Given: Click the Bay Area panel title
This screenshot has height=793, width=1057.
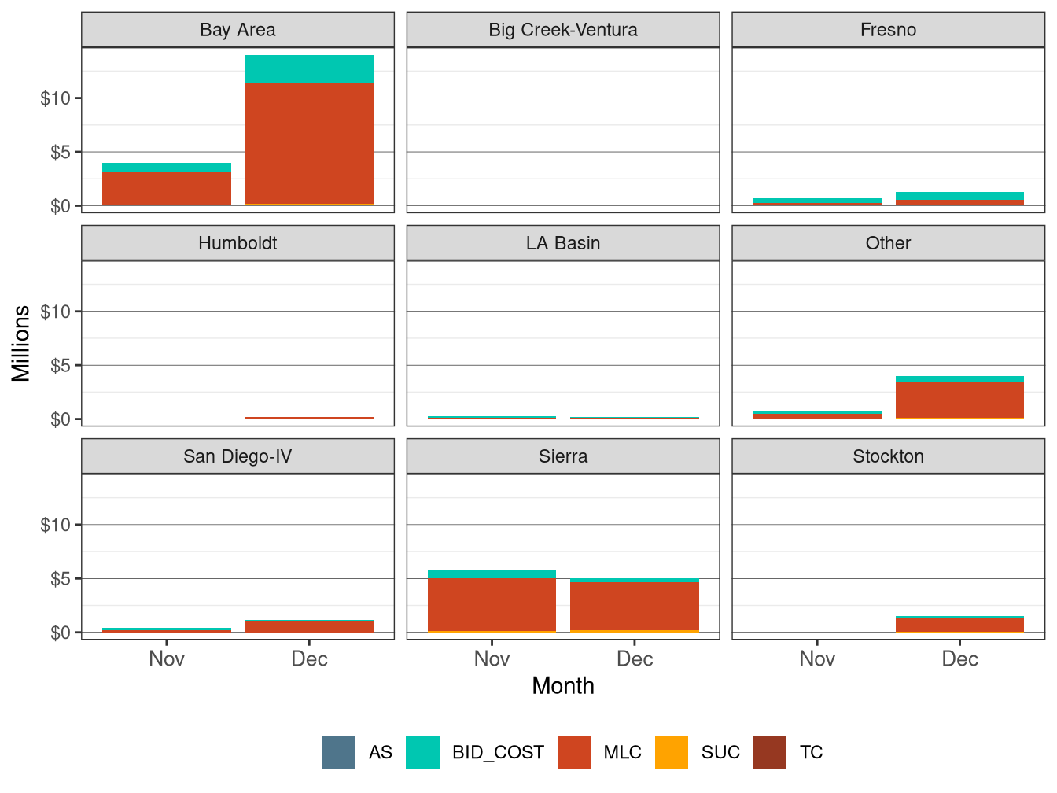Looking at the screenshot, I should coord(238,30).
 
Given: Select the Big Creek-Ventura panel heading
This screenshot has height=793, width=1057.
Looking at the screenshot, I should coord(562,30).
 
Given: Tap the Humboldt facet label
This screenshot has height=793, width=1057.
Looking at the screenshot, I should coord(238,243).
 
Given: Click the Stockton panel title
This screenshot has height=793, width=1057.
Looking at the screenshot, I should coord(888,456).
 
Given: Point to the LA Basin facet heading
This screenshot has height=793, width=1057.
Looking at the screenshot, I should coord(562,243).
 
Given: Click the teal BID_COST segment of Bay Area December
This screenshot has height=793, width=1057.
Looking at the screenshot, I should coord(309,69).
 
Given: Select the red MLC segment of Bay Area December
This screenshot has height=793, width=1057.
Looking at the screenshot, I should coord(309,143).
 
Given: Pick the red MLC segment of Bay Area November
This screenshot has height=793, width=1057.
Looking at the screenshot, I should coord(167,189).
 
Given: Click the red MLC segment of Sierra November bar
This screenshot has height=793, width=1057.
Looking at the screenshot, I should coord(492,604).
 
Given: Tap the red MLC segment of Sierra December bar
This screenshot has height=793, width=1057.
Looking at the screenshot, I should coord(634,606).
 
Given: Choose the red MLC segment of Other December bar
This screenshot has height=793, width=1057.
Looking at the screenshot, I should coord(959,400).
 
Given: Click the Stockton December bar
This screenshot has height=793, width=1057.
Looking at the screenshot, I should coord(959,625).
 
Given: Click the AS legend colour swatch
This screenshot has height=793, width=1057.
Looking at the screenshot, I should coord(339,752).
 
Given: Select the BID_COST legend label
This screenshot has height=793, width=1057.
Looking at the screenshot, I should coord(497,752).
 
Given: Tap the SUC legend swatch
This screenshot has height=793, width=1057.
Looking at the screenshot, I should coord(672,752).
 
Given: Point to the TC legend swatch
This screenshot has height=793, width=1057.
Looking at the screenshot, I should coord(770,752).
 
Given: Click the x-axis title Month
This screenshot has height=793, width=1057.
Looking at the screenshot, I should coord(562,686).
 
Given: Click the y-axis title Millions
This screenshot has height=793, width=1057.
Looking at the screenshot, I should coord(21,343).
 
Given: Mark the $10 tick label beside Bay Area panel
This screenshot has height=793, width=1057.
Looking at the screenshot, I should coord(55,98).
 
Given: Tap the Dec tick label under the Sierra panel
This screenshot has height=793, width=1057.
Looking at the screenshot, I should coord(634,659).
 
